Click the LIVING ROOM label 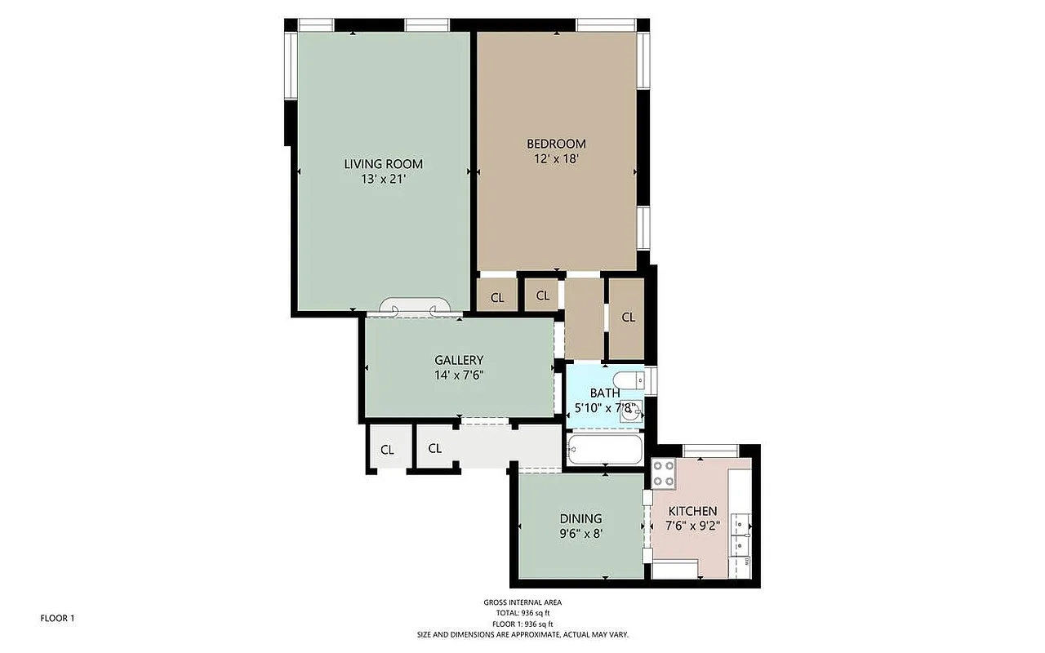point(383,164)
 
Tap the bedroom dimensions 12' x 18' point(556,159)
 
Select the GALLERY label point(459,360)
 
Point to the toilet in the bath point(629,380)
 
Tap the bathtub point(605,449)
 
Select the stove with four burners point(663,473)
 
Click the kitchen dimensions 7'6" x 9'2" point(693,526)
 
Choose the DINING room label point(580,518)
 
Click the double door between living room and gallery point(415,308)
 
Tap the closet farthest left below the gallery point(387,450)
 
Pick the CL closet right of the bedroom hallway point(628,318)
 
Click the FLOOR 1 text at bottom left point(57,618)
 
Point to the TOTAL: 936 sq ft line point(522,613)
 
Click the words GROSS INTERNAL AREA point(522,602)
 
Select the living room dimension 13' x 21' point(383,179)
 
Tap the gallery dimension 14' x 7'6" point(459,375)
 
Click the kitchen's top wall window point(710,449)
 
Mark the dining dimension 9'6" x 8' point(580,533)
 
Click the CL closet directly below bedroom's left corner point(497,297)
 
